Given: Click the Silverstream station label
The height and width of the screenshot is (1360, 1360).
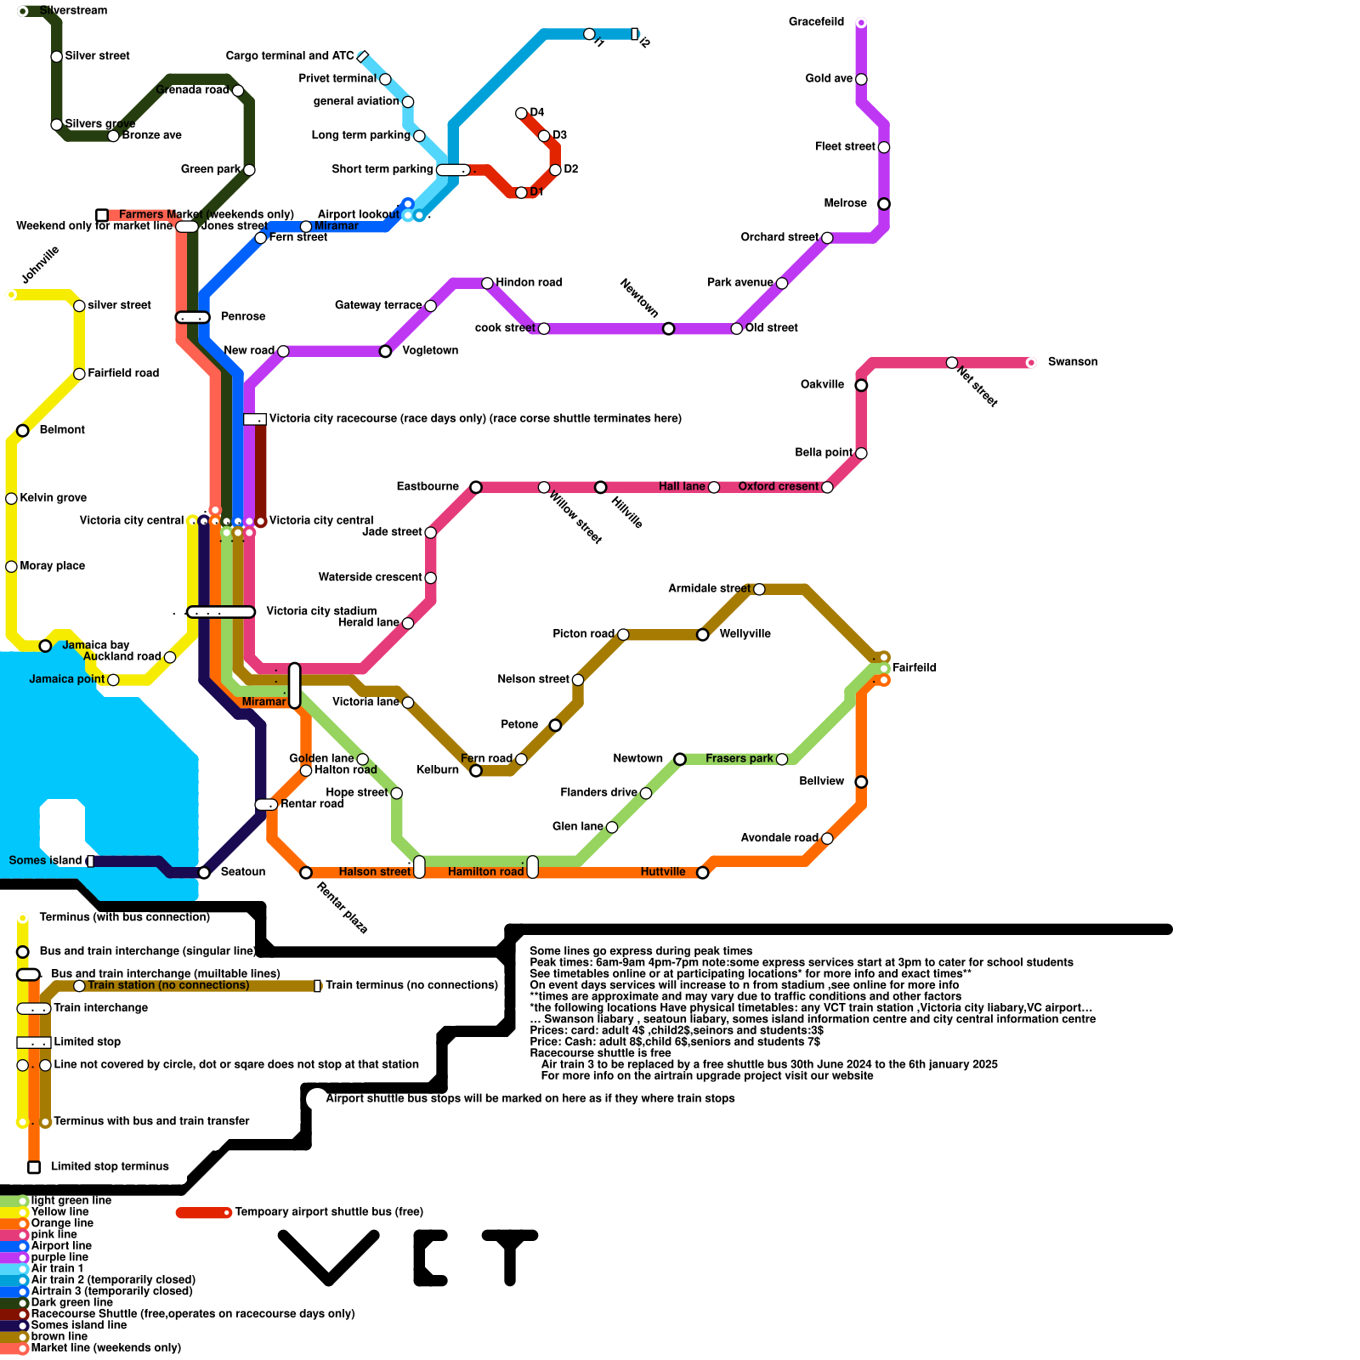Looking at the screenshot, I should click(x=73, y=11).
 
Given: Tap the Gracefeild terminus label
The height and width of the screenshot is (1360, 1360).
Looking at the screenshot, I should click(x=816, y=22).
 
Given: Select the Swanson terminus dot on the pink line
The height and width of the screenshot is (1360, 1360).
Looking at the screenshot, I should click(x=1031, y=363).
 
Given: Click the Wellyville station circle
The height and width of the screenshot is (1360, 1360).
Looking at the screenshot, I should click(x=703, y=635).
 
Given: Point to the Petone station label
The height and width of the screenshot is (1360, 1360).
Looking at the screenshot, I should click(x=519, y=725).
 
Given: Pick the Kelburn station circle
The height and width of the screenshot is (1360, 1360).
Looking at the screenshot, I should click(x=476, y=771).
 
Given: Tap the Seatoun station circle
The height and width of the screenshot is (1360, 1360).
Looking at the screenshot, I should click(x=204, y=873).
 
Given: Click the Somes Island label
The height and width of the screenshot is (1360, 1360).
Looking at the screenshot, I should click(x=45, y=861).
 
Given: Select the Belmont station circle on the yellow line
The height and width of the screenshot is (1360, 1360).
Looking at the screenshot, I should click(x=23, y=431).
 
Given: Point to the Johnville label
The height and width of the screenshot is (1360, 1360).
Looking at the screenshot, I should click(x=40, y=265).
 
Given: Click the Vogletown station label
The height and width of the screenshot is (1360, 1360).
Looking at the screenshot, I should click(x=430, y=351).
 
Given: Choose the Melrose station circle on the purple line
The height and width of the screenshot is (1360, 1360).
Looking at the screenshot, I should click(x=884, y=204).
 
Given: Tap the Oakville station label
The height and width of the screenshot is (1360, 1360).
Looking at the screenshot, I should click(x=822, y=385).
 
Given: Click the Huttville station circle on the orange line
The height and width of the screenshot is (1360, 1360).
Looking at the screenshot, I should click(x=703, y=873).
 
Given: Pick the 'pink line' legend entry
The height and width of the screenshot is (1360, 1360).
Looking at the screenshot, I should click(x=54, y=1235).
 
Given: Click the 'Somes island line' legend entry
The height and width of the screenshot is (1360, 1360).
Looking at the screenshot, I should click(x=78, y=1325).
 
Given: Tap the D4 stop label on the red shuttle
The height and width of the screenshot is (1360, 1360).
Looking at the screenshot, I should click(x=537, y=113).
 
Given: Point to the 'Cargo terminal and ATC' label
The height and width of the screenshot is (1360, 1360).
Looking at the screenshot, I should click(x=290, y=56).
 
